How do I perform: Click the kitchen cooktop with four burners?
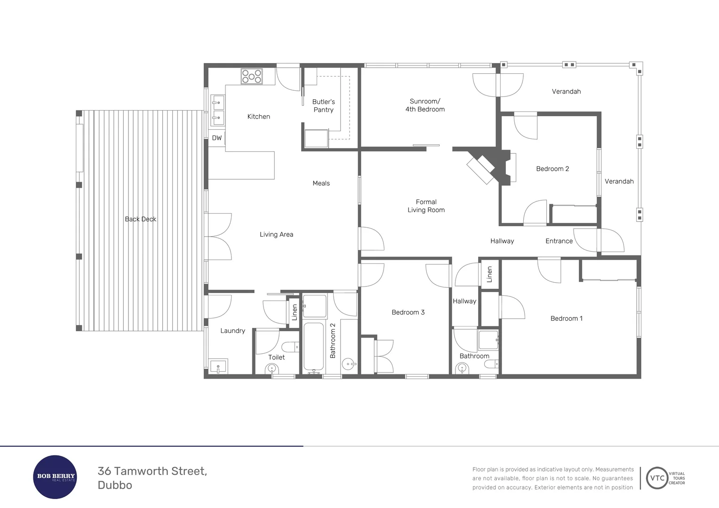click(252, 76)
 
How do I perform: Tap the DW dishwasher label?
click(216, 138)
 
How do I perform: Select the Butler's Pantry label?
click(323, 106)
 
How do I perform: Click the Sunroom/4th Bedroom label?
click(425, 105)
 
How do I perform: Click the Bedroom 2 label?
click(552, 169)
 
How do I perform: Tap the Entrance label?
click(559, 241)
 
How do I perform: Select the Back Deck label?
click(140, 219)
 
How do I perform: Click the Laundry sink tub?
click(218, 366)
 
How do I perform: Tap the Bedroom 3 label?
click(408, 312)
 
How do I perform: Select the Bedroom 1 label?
click(567, 318)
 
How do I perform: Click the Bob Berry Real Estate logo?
click(56, 477)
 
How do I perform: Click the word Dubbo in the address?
click(115, 485)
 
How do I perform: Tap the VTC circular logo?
click(657, 478)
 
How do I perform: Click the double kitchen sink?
click(217, 110)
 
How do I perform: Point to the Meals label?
click(321, 183)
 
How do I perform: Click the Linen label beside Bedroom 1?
click(489, 274)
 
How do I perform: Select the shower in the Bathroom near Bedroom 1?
click(488, 340)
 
